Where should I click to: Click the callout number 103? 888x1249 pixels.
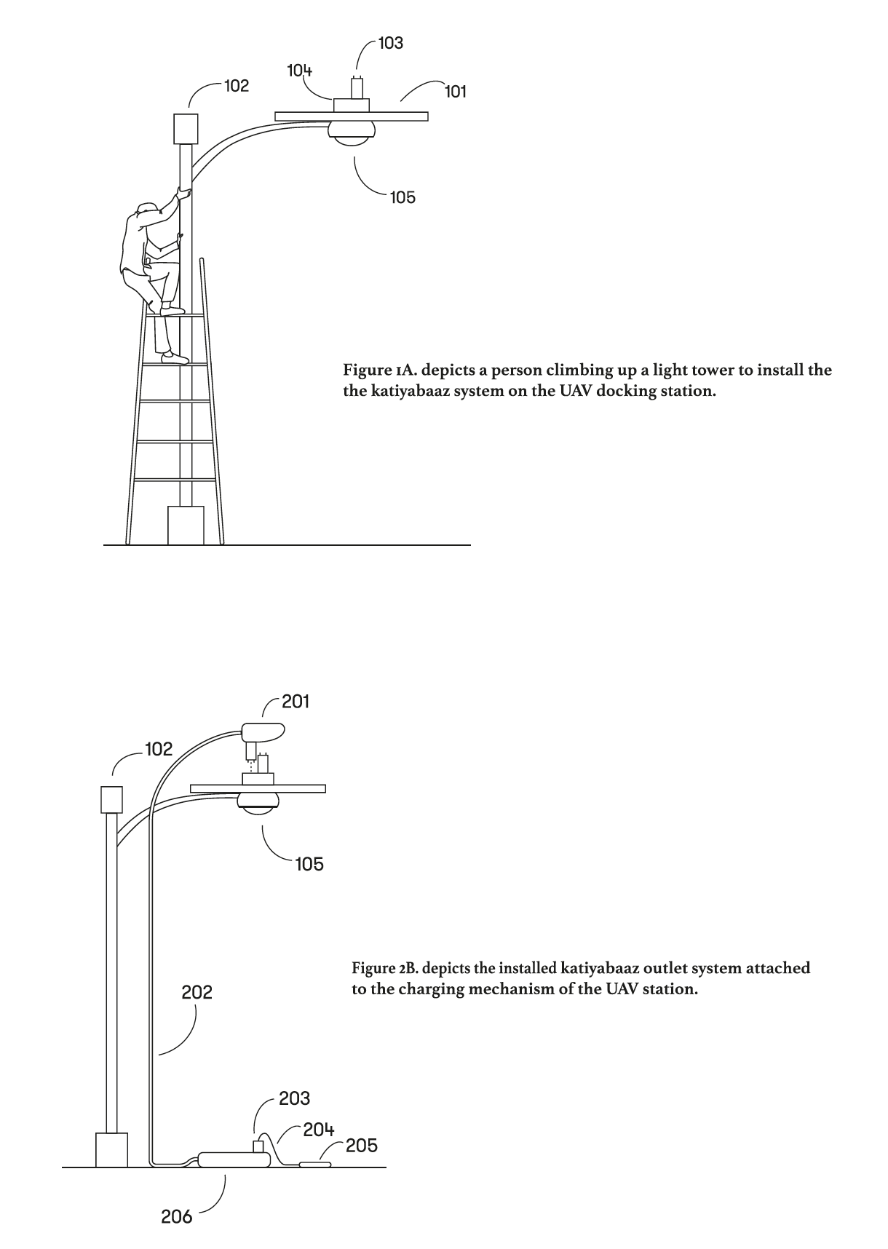pyautogui.click(x=391, y=44)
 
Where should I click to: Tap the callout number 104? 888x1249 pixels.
pyautogui.click(x=300, y=71)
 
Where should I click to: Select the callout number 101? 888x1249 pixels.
pyautogui.click(x=456, y=92)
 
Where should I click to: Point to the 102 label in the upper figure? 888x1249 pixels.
pyautogui.click(x=237, y=86)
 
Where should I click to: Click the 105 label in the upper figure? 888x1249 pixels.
pyautogui.click(x=403, y=197)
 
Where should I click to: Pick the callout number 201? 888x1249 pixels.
pyautogui.click(x=296, y=702)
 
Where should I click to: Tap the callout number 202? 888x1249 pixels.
pyautogui.click(x=197, y=992)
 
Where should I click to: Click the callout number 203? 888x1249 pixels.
pyautogui.click(x=294, y=1099)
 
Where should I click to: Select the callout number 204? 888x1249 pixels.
pyautogui.click(x=319, y=1130)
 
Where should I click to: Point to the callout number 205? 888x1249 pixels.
pyautogui.click(x=362, y=1146)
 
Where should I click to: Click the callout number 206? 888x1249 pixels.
pyautogui.click(x=177, y=1216)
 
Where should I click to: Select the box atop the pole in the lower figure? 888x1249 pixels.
pyautogui.click(x=111, y=799)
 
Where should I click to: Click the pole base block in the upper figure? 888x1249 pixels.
pyautogui.click(x=186, y=525)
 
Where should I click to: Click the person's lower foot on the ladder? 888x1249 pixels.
pyautogui.click(x=174, y=358)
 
